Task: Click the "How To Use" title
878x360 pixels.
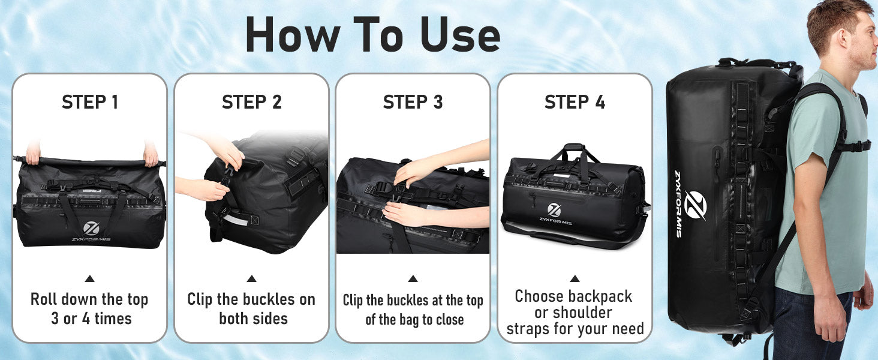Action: pyautogui.click(x=373, y=35)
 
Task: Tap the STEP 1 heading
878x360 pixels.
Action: pyautogui.click(x=90, y=102)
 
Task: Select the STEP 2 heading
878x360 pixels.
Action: pyautogui.click(x=252, y=102)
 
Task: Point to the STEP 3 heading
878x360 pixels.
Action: pyautogui.click(x=413, y=102)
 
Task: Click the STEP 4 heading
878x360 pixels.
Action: pyautogui.click(x=575, y=102)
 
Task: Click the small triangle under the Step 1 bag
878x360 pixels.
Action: pyautogui.click(x=90, y=278)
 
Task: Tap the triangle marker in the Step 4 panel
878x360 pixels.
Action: pyautogui.click(x=575, y=278)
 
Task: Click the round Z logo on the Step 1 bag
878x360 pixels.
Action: pyautogui.click(x=91, y=228)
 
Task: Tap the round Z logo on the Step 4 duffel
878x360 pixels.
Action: pyautogui.click(x=554, y=210)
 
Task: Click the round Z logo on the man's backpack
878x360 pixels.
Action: pyautogui.click(x=695, y=205)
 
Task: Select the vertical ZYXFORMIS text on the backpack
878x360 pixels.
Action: pyautogui.click(x=678, y=204)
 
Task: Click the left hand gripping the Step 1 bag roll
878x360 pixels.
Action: pyautogui.click(x=33, y=154)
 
